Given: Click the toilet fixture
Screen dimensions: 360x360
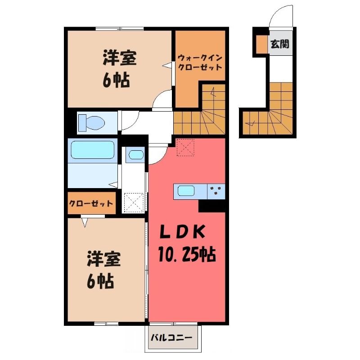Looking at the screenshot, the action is (x=91, y=123).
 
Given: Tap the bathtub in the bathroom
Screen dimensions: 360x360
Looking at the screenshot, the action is (x=93, y=150).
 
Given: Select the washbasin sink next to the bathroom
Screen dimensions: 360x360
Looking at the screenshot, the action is (x=136, y=155).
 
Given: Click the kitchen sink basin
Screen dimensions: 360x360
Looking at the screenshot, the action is (x=186, y=191).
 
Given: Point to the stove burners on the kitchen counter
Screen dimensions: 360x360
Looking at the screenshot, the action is (x=216, y=190).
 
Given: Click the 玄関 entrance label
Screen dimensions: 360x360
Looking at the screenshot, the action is (x=279, y=44).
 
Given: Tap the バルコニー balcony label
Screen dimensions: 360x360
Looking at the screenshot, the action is (x=171, y=338).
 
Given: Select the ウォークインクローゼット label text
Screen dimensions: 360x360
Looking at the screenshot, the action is (x=200, y=62).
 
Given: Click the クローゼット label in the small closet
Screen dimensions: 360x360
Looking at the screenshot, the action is (x=91, y=203).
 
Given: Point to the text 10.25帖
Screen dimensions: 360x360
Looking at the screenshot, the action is (x=187, y=254).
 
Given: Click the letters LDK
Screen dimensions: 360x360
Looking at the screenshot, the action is (x=182, y=232).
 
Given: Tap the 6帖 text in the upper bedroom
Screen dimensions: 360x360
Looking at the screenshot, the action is (x=116, y=80).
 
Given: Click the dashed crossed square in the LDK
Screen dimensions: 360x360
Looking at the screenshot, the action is (x=185, y=148).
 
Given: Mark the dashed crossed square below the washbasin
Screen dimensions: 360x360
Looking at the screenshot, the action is (x=134, y=202).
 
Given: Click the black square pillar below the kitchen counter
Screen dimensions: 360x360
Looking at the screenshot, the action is (x=211, y=206).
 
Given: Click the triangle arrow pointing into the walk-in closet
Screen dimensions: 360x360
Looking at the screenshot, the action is (x=166, y=65).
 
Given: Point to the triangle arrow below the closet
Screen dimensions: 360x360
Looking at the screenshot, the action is (x=85, y=222).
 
